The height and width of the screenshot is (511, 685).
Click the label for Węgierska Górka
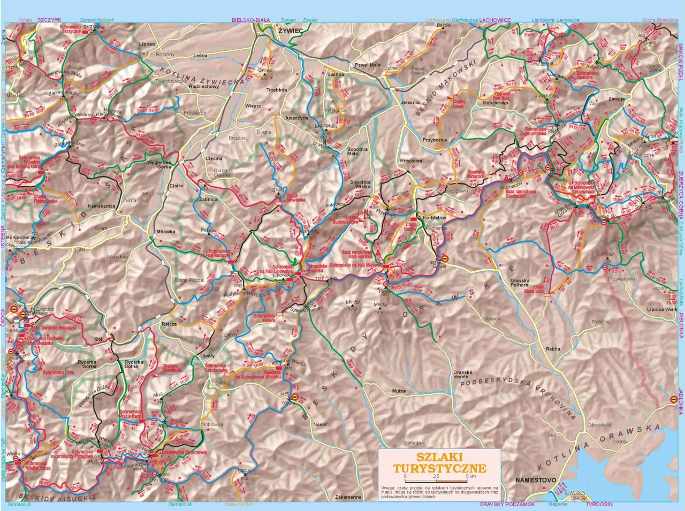(155, 164)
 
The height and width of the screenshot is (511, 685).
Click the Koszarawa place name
(495, 103)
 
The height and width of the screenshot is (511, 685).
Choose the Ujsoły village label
(207, 356)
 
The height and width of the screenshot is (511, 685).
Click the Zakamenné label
(348, 497)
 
